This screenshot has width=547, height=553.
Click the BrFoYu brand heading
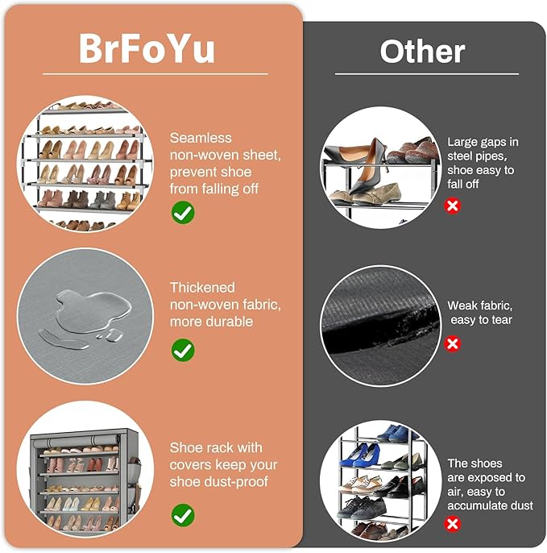147,48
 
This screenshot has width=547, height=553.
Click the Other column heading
422,52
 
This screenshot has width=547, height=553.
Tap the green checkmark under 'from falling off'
183,213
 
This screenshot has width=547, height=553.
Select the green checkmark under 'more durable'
183,350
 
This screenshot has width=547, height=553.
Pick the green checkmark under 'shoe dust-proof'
183,515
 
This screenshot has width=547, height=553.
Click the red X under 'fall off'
453,206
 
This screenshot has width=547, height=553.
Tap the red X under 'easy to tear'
453,343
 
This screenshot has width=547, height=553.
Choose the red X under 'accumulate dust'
453,524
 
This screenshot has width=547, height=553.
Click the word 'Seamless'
201,138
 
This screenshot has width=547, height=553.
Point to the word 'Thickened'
202,288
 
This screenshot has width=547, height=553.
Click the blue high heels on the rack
364,455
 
